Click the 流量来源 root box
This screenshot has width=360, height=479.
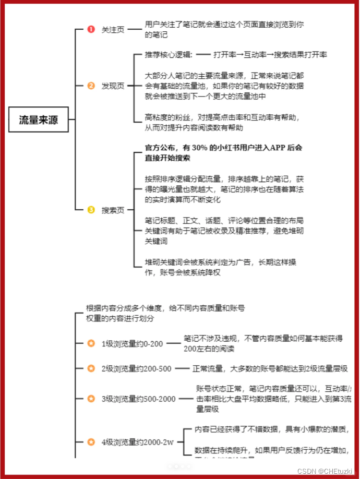(x=39, y=121)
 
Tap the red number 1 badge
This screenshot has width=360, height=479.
(x=91, y=30)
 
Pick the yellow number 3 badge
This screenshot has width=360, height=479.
(x=91, y=210)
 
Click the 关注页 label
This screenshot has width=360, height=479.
(x=113, y=30)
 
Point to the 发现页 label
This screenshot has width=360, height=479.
(x=113, y=86)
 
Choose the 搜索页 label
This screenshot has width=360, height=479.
(x=113, y=210)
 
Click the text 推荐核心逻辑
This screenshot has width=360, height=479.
(x=168, y=55)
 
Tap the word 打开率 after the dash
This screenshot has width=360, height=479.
(x=225, y=55)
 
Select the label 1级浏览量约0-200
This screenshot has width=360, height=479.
(x=132, y=343)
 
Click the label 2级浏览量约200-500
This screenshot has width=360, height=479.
(x=136, y=368)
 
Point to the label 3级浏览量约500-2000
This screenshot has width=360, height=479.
(x=138, y=399)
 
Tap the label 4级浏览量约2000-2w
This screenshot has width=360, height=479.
(x=137, y=442)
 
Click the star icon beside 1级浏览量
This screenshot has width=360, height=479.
(x=91, y=343)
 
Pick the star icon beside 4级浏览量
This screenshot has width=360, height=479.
(x=91, y=442)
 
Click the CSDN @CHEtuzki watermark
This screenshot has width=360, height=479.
(x=323, y=471)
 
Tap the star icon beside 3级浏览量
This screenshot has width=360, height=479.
(x=91, y=399)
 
